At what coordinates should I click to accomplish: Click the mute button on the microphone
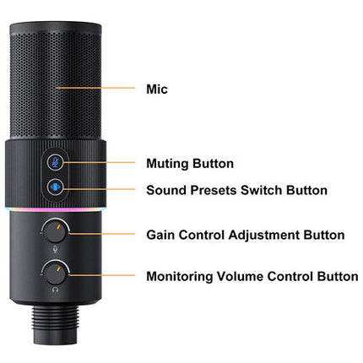tap(55, 162)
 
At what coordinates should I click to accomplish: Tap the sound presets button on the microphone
tap(55, 187)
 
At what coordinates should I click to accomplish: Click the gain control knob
tap(55, 231)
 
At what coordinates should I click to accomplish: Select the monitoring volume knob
tap(55, 274)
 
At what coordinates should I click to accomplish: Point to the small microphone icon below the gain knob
tap(55, 249)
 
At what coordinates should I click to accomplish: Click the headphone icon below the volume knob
tap(55, 290)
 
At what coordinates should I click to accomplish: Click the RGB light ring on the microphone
tap(56, 209)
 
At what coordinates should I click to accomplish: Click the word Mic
tap(157, 89)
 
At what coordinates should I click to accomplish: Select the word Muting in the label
tap(167, 164)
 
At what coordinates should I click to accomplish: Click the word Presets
tap(214, 190)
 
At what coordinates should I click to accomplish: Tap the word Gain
tap(160, 235)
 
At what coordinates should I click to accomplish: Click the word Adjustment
tap(264, 236)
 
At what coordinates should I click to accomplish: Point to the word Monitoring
tap(180, 277)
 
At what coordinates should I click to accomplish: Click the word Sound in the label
tap(166, 190)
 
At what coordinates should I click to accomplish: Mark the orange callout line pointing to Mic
tap(95, 88)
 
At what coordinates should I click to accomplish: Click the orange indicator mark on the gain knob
tap(58, 227)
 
